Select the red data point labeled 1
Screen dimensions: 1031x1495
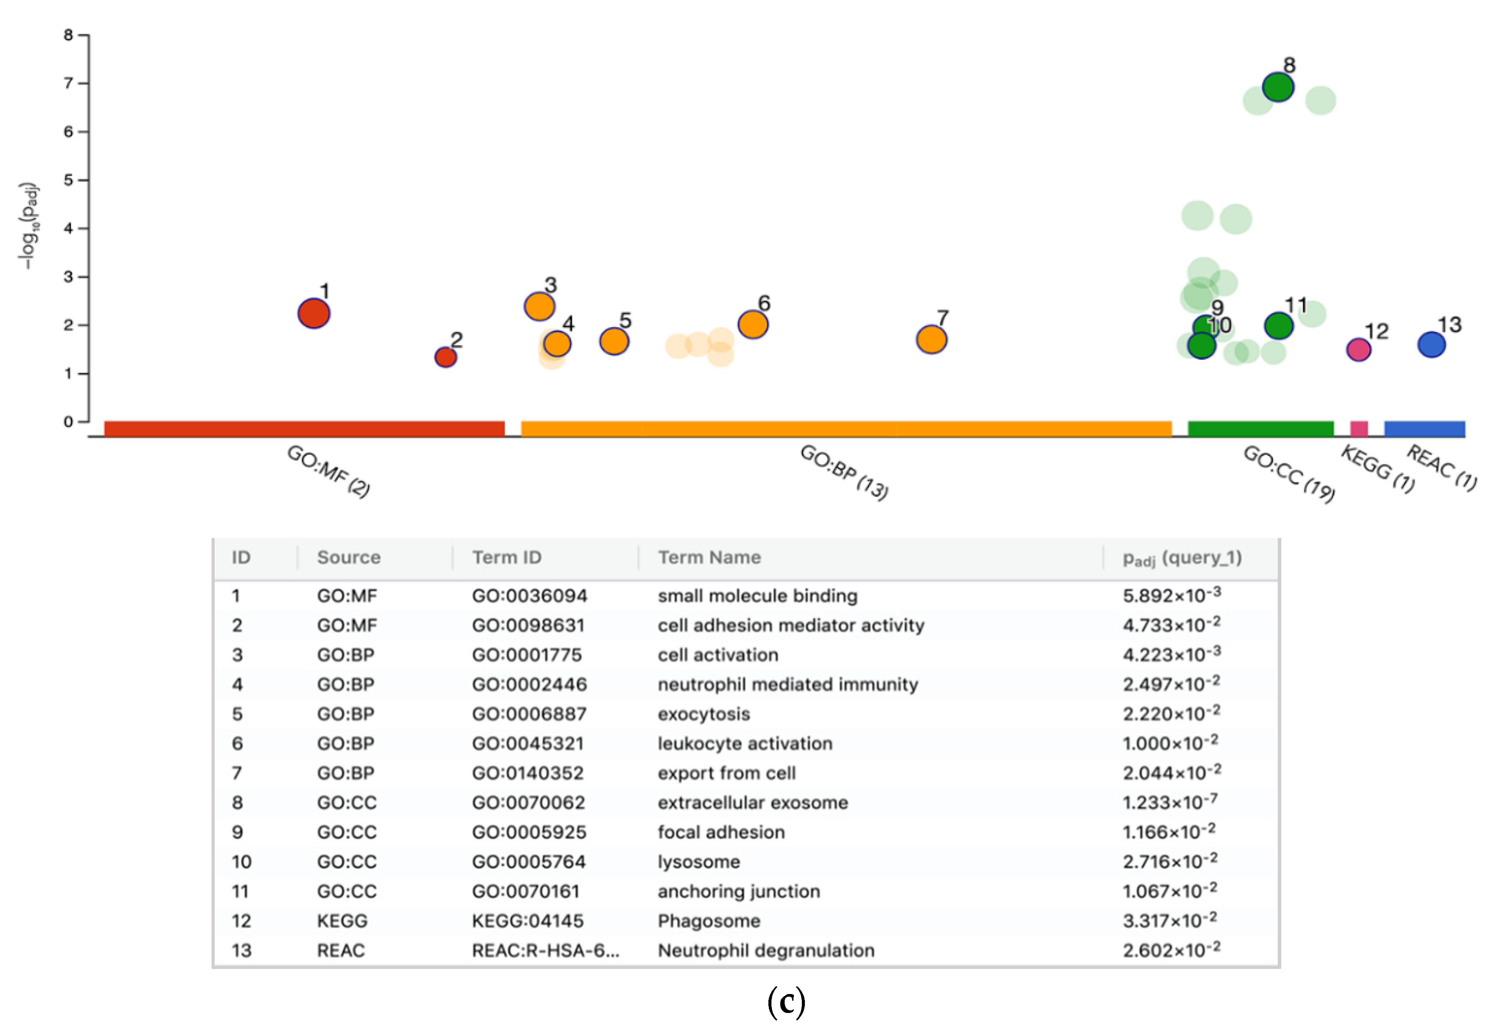(x=314, y=313)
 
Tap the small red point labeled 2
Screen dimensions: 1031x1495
(x=446, y=357)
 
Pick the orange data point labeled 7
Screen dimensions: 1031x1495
(x=931, y=339)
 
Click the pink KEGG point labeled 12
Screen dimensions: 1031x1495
(x=1358, y=350)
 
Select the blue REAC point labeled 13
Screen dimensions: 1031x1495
(x=1431, y=344)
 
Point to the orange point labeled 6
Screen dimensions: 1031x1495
(x=753, y=324)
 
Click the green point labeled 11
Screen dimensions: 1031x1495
(x=1278, y=325)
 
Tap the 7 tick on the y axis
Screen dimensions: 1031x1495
(x=69, y=83)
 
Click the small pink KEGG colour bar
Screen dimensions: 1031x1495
(x=1358, y=428)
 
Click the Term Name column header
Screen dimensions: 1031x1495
(x=709, y=557)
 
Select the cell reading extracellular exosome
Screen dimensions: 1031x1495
(x=753, y=802)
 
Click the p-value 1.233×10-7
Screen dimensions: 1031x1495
(x=1170, y=802)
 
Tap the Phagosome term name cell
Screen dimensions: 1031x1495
(x=709, y=921)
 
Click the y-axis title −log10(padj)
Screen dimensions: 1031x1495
(x=29, y=226)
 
